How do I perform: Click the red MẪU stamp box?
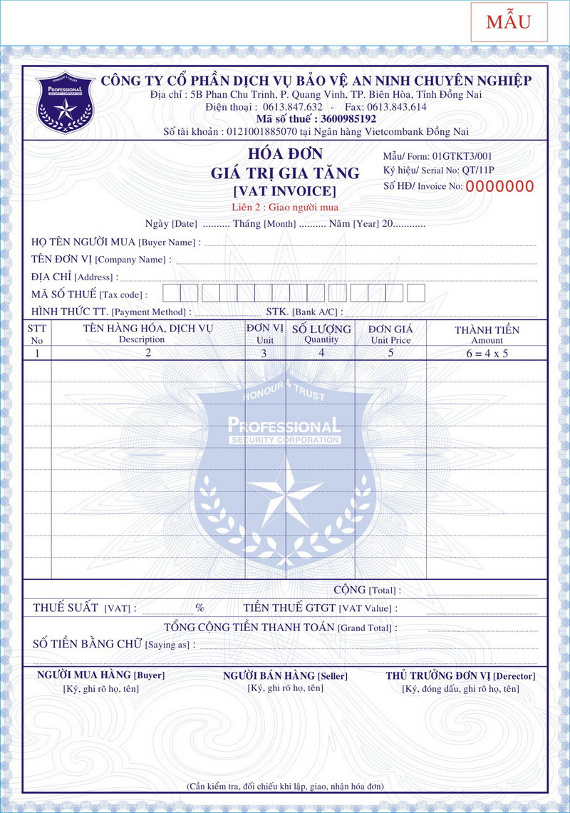pos(509,22)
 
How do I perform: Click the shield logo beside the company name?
pos(65,103)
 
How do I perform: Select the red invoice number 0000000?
pos(499,187)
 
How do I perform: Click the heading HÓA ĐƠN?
pos(285,154)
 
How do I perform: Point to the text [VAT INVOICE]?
pos(284,191)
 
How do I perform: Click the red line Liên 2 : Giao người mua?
pos(284,208)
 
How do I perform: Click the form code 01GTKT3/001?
pos(462,156)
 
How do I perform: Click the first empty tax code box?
pos(171,293)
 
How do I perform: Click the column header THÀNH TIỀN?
pos(487,330)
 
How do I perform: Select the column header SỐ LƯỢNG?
pos(321,329)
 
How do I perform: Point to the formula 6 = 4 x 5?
pos(487,353)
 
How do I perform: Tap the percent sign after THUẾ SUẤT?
pos(200,608)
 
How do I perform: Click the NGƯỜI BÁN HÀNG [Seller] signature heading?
pos(285,675)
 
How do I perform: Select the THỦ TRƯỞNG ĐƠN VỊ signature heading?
pos(460,676)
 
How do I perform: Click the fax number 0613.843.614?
pos(396,107)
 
